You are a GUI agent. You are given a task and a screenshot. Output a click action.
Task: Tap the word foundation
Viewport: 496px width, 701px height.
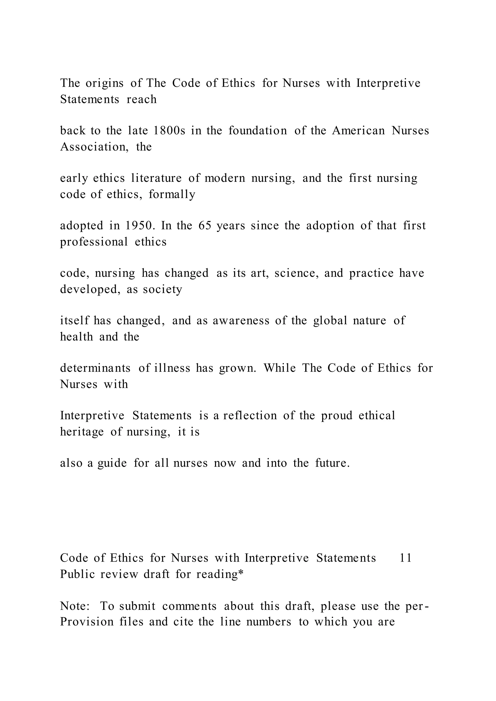point(258,131)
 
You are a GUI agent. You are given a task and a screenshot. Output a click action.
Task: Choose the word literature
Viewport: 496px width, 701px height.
point(156,178)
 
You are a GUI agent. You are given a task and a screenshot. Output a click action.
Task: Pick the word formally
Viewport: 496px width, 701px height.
point(172,194)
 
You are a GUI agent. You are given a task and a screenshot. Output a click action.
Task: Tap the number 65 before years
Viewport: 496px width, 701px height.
point(205,226)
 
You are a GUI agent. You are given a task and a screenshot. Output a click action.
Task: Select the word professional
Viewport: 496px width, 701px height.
point(94,242)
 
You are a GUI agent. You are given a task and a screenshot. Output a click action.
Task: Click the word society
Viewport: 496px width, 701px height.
point(163,289)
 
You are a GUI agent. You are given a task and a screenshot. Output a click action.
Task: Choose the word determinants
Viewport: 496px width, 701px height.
point(95,368)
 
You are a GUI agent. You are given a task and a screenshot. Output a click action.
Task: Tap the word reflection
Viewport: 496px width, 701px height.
point(250,416)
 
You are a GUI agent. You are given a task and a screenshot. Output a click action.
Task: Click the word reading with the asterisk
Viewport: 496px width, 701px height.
point(220,574)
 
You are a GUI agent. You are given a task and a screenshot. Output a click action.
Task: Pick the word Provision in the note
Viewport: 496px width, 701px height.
point(87,622)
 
